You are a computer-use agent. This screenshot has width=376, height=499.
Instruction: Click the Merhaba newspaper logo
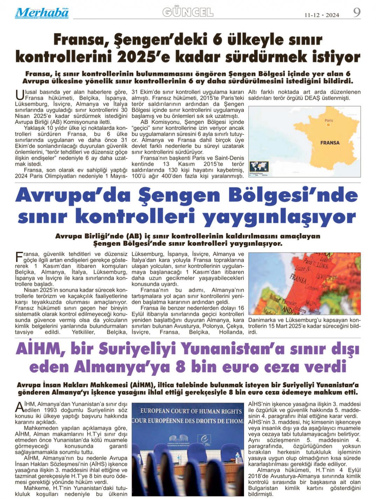coord(42,13)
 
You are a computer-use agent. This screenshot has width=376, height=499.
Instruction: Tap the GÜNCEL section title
coord(188,13)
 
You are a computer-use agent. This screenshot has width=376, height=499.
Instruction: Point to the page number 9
coord(356,13)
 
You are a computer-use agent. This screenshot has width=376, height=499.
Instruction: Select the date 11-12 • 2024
coord(321,15)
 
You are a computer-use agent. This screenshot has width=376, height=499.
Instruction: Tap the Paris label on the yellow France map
coord(328,121)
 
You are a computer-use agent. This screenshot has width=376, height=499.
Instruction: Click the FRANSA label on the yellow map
coord(329,143)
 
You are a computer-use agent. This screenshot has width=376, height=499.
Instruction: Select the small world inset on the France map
coord(259,167)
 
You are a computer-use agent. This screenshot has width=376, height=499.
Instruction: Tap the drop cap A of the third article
coord(19,407)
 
